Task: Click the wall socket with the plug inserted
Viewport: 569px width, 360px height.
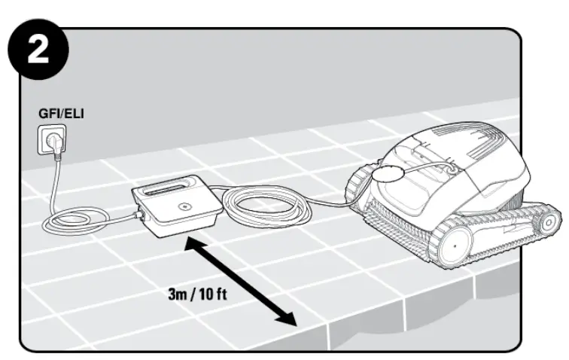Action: (x=49, y=139)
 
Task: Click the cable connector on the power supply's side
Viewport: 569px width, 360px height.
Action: (x=139, y=218)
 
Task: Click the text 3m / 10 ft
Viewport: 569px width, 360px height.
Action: (x=197, y=293)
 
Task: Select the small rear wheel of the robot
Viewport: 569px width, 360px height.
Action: (x=549, y=221)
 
